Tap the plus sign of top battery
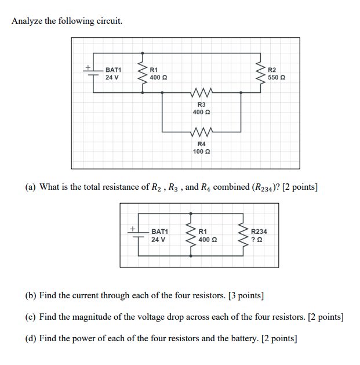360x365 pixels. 88,67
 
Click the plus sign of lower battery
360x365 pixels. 133,229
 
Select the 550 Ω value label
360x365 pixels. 277,77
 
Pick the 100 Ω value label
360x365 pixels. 201,151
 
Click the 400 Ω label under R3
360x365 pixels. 201,112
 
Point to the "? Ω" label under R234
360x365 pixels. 256,239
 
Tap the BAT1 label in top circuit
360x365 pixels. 113,70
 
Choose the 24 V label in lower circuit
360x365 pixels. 158,239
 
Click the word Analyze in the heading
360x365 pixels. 27,21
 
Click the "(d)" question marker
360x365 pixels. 31,338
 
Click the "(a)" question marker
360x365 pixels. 31,187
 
